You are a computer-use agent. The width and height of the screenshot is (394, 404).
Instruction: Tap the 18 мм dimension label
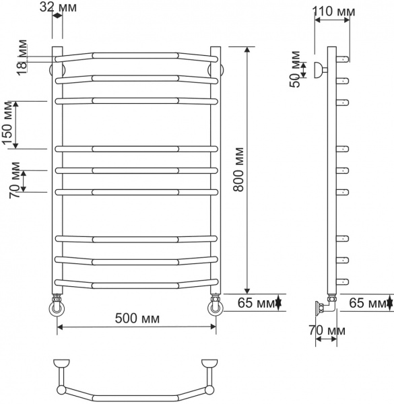coord(22,57)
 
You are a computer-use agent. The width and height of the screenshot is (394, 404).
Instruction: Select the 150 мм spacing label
coord(9,125)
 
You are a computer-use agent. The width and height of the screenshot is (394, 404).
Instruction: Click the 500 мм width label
coord(137,318)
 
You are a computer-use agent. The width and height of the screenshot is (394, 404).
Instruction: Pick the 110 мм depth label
coord(336,12)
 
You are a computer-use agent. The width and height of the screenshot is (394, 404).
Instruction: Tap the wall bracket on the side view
coord(319,69)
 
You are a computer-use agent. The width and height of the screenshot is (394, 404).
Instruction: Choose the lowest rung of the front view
coord(137,282)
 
